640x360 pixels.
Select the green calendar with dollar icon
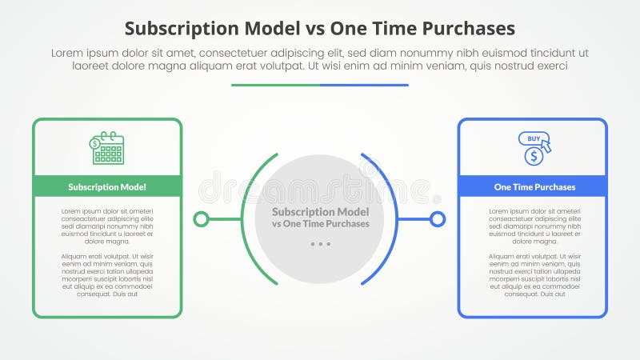pyautogui.click(x=107, y=148)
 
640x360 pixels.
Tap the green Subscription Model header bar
pyautogui.click(x=107, y=186)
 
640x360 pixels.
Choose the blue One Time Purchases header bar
pyautogui.click(x=533, y=186)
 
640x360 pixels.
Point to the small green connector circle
pyautogui.click(x=201, y=218)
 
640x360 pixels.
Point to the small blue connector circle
pyautogui.click(x=438, y=218)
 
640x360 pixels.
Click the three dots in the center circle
pyautogui.click(x=320, y=244)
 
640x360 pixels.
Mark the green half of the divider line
pyautogui.click(x=275, y=85)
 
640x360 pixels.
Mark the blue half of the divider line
pyautogui.click(x=364, y=85)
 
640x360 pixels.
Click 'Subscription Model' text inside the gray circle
pyautogui.click(x=320, y=212)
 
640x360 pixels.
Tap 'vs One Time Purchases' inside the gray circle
pyautogui.click(x=320, y=224)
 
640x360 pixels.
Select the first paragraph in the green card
pyautogui.click(x=107, y=226)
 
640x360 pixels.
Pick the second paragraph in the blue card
pyautogui.click(x=533, y=274)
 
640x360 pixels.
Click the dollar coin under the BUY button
pyautogui.click(x=534, y=157)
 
